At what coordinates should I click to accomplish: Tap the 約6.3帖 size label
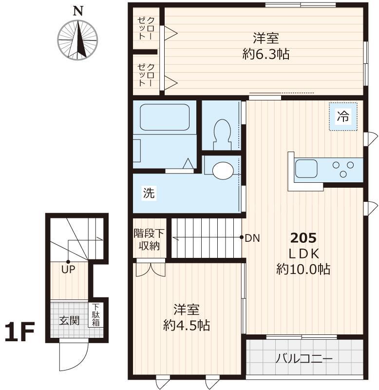266,54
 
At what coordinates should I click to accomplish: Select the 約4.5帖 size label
187,325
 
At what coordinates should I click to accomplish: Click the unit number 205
303,238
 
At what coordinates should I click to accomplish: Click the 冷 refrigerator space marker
343,117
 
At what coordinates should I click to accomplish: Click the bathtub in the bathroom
165,117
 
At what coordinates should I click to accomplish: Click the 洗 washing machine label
149,193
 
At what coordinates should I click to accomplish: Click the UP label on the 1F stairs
68,268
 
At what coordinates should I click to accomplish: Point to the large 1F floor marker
19,333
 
